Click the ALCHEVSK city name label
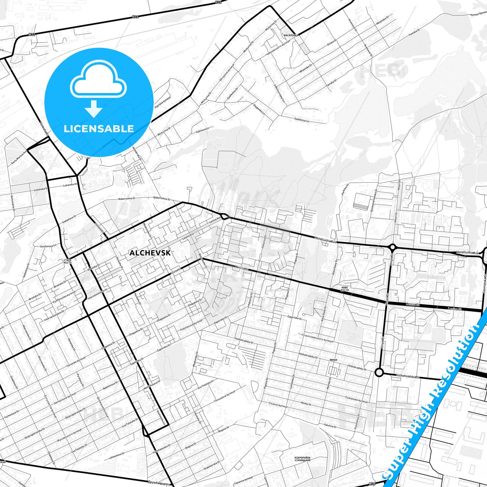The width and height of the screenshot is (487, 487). (x=150, y=253)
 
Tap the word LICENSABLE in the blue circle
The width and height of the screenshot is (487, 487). (x=99, y=128)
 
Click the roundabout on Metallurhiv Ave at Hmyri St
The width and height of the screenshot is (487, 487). (x=392, y=248)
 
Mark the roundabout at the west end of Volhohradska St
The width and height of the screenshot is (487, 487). (x=379, y=372)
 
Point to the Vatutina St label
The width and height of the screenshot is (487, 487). (x=330, y=426)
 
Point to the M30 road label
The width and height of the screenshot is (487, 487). (x=372, y=484)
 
